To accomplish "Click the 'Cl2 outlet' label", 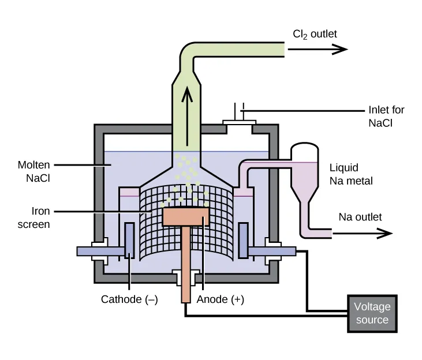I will click(315, 34).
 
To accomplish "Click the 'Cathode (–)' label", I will click(129, 299).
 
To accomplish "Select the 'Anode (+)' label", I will click(220, 299).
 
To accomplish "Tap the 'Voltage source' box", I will click(372, 313).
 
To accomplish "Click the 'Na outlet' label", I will click(360, 217).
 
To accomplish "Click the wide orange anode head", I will click(185, 216).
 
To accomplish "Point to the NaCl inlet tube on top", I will click(238, 112).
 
